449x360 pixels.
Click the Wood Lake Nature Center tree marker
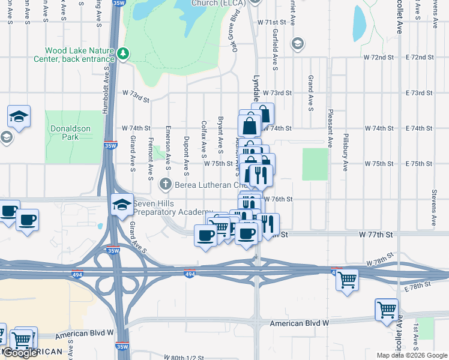click(123, 54)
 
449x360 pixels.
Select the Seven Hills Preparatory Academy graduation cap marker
click(122, 205)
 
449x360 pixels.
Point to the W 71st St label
click(274, 22)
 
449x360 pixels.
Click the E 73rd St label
click(419, 93)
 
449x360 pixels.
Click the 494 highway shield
click(189, 274)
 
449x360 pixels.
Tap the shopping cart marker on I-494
click(346, 280)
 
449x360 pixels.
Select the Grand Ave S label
click(310, 93)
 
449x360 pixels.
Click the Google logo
click(20, 353)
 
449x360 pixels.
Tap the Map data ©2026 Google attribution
click(412, 355)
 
